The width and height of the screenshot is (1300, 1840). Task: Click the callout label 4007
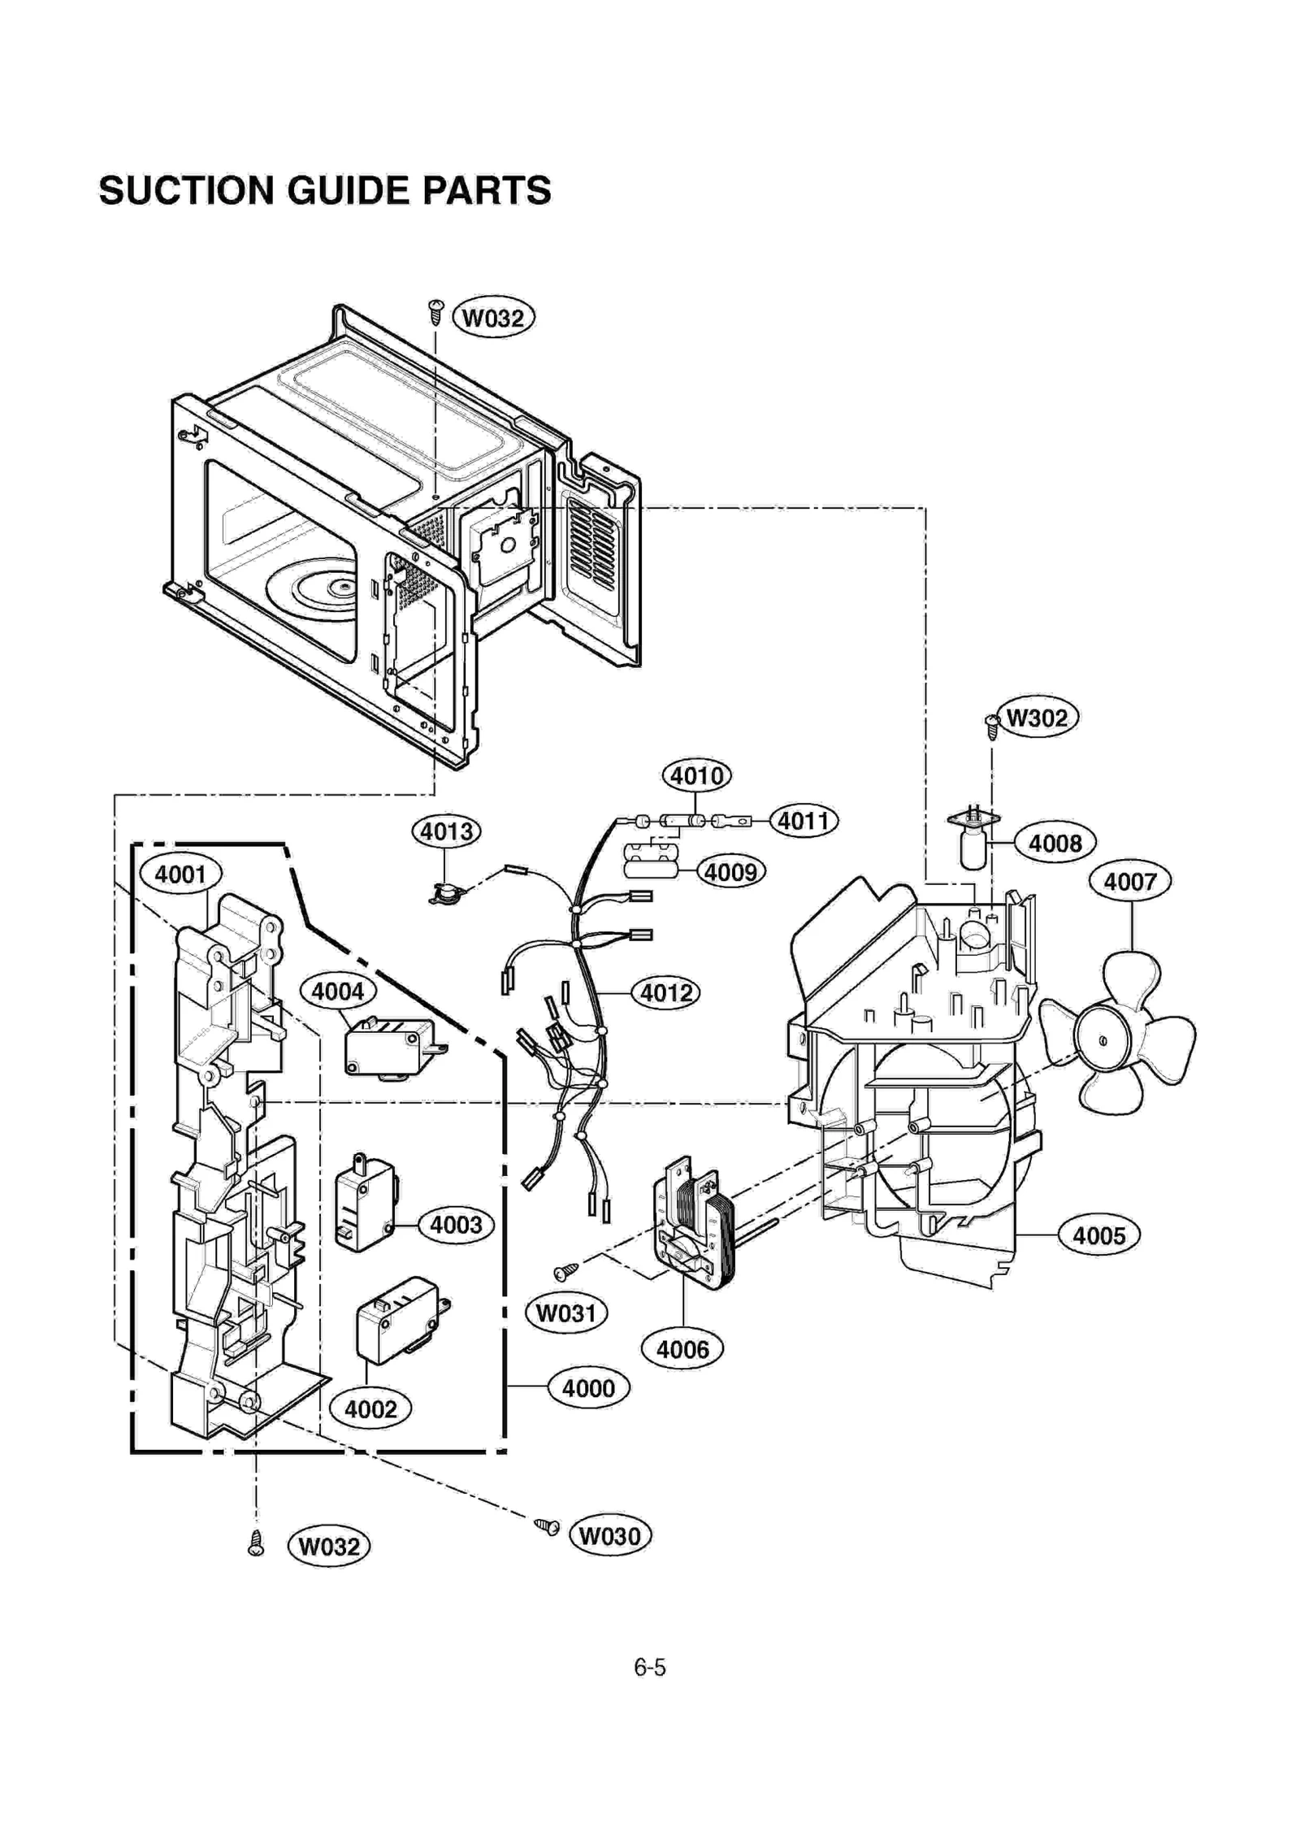(x=1129, y=881)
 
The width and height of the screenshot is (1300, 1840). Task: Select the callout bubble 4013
(x=446, y=831)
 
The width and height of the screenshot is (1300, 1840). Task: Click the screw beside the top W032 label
(x=436, y=310)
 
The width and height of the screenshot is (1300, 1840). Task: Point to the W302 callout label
(x=1037, y=718)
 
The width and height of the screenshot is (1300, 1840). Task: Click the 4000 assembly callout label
(x=588, y=1388)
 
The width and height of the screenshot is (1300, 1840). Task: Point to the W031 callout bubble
(x=566, y=1313)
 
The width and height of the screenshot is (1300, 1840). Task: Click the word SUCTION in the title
(x=186, y=191)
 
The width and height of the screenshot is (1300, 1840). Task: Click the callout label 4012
(x=665, y=993)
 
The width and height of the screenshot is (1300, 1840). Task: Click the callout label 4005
(x=1098, y=1236)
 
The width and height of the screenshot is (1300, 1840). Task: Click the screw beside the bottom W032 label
(x=256, y=1543)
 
